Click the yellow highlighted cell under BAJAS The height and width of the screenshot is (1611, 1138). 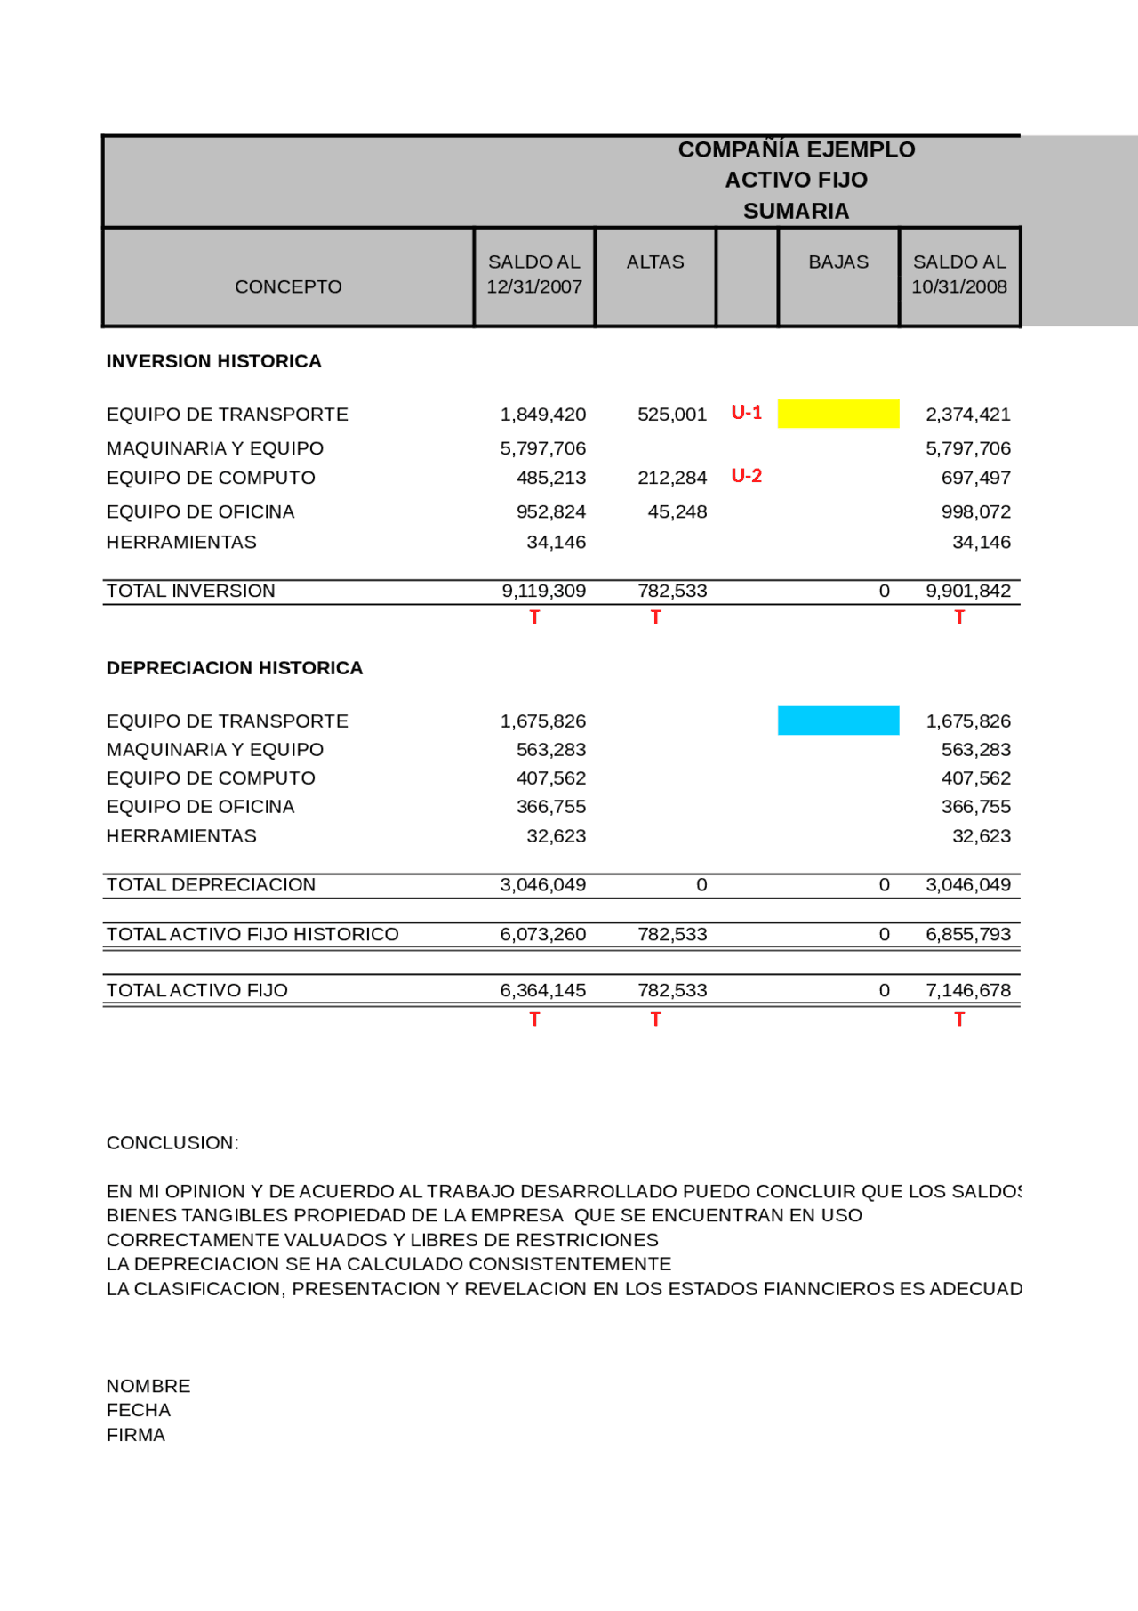tap(837, 414)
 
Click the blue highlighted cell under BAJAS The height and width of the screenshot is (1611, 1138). tap(837, 721)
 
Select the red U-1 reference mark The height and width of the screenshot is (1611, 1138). tap(746, 413)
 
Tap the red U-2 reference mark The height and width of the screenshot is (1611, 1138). tap(746, 476)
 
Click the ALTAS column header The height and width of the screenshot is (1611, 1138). tap(655, 262)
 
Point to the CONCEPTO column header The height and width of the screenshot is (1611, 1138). tap(288, 286)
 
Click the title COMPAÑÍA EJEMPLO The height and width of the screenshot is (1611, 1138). tap(796, 149)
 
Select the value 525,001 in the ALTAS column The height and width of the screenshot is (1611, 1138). tap(672, 415)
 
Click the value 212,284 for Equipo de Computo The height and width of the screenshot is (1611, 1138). tap(672, 478)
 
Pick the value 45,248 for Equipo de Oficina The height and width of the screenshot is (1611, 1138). tap(677, 512)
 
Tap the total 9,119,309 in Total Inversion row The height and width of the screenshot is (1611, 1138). tap(543, 591)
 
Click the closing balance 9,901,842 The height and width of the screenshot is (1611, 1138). tap(968, 591)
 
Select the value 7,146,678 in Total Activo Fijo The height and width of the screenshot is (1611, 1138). tap(968, 990)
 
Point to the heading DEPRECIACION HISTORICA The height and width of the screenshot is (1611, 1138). tap(235, 668)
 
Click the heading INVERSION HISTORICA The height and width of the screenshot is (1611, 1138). tap(214, 361)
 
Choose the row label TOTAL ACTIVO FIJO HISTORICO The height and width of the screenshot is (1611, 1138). tap(252, 934)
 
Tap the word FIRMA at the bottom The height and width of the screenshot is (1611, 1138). tap(136, 1435)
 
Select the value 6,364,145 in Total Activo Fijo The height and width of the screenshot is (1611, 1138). tap(543, 990)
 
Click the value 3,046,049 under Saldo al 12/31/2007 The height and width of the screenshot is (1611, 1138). tap(543, 885)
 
